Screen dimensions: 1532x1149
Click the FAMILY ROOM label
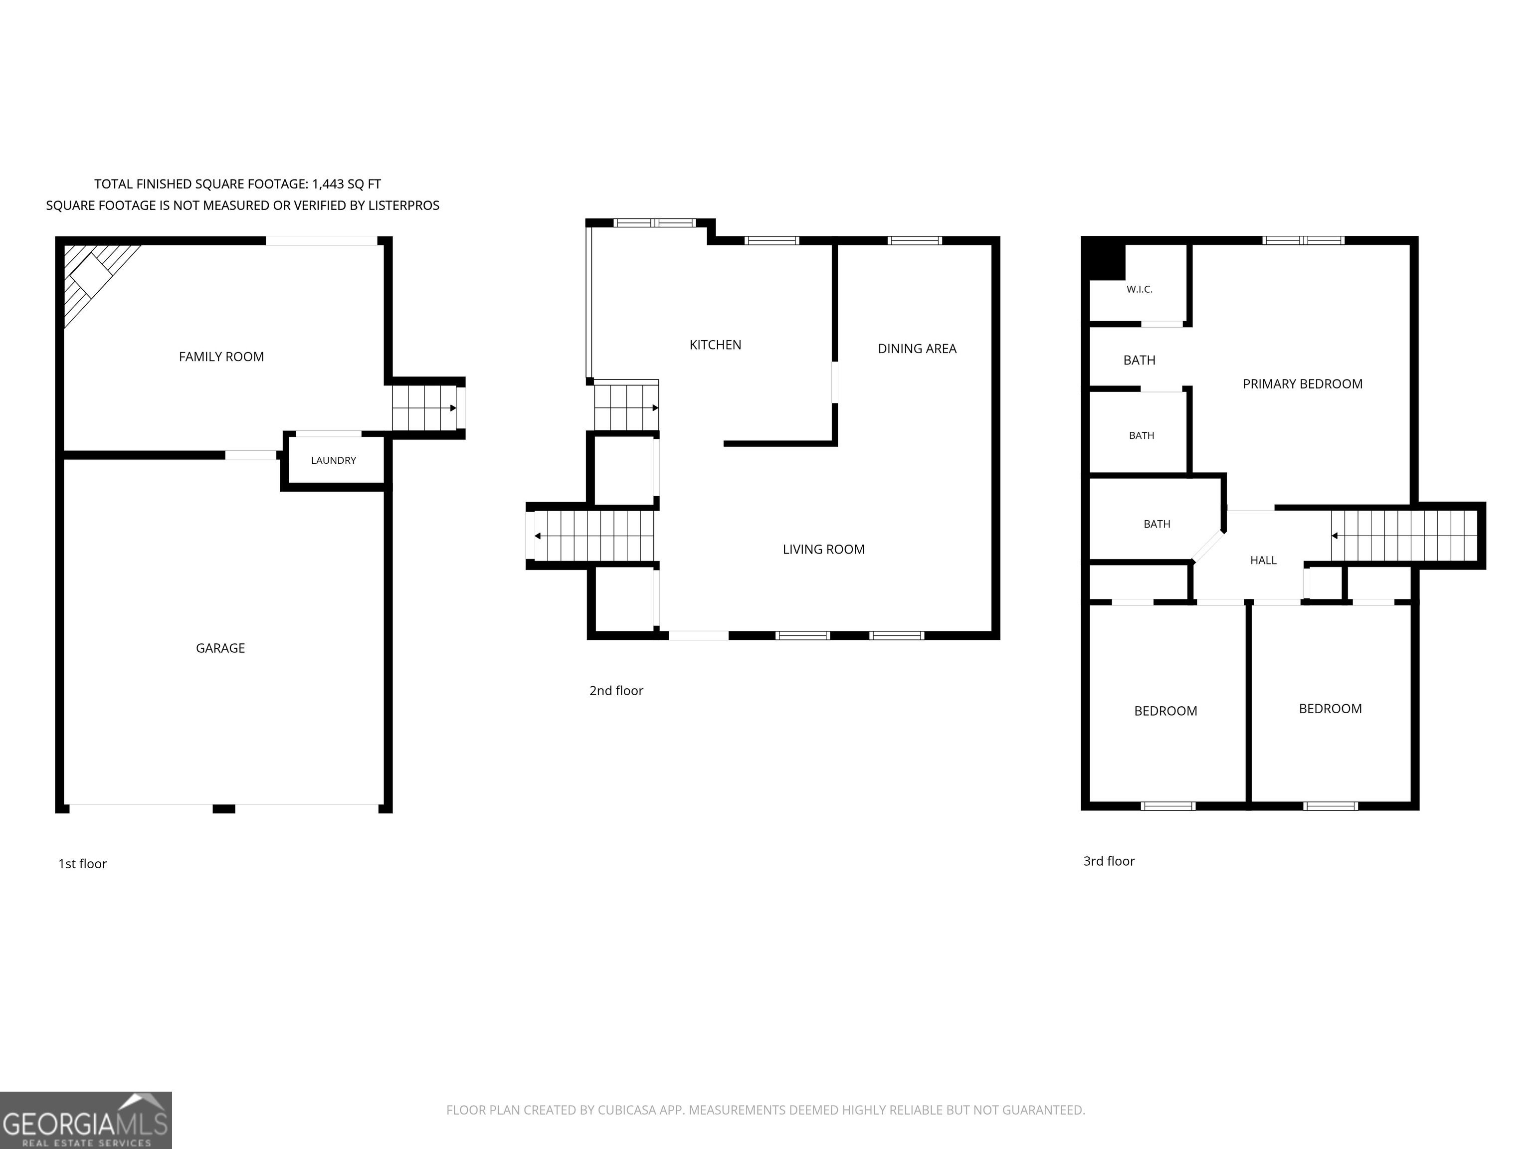click(221, 357)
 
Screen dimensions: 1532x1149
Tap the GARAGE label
click(220, 648)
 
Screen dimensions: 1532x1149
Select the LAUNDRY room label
click(333, 461)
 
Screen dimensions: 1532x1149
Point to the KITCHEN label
click(716, 345)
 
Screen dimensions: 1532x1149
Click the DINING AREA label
click(917, 349)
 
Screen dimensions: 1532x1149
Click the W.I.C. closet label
click(1140, 290)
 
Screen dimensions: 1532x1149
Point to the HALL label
click(1263, 561)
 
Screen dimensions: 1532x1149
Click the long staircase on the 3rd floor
click(1404, 536)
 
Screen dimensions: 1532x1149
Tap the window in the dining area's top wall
click(915, 240)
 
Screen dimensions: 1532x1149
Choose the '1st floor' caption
click(82, 864)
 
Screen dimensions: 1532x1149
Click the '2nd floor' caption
click(616, 691)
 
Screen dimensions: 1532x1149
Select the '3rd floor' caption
click(1109, 861)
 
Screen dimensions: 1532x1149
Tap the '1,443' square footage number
click(327, 184)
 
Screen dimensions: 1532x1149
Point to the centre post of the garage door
click(224, 809)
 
